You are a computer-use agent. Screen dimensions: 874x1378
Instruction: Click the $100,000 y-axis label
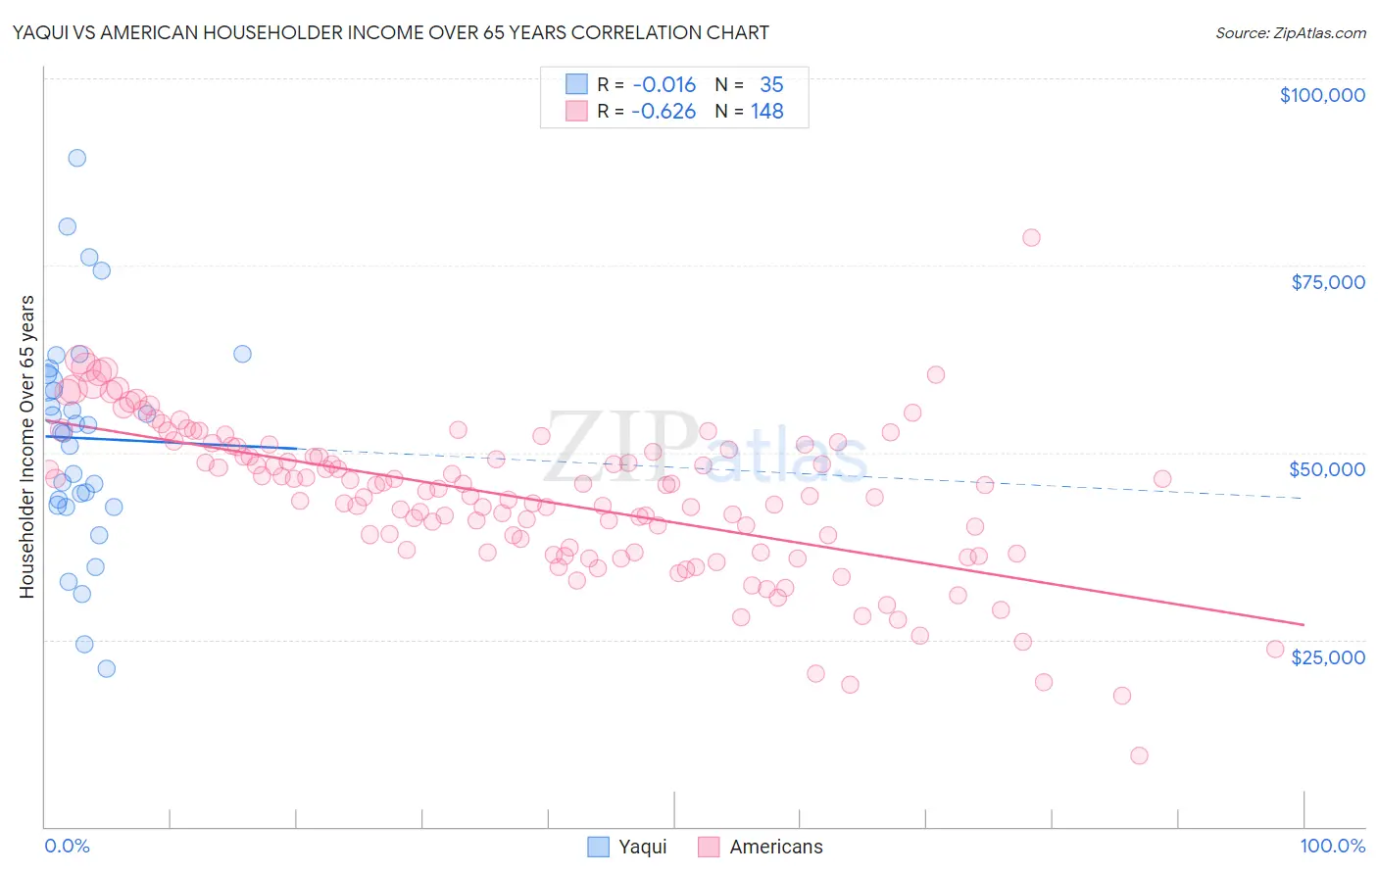pos(1321,95)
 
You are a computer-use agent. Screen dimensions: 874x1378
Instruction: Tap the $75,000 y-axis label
pos(1327,282)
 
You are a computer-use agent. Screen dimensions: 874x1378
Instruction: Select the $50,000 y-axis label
pos(1327,469)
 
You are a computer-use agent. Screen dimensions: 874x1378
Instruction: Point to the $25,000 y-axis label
pos(1327,657)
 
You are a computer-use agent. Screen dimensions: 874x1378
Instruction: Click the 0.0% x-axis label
pos(67,846)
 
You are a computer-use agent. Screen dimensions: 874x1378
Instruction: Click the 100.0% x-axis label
pos(1332,846)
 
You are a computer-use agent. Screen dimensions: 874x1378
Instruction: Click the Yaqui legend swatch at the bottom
pos(598,847)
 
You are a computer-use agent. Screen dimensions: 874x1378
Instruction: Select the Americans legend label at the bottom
pos(776,847)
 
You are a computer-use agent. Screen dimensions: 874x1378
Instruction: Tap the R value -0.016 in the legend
pos(664,85)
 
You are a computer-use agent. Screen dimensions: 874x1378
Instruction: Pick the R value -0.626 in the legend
pos(664,112)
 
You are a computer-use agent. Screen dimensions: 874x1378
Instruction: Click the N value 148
pos(767,112)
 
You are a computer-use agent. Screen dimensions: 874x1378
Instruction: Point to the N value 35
pos(771,85)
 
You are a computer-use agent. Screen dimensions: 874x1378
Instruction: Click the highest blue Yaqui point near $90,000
pos(76,158)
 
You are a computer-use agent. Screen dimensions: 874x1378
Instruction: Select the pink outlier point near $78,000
pos(1031,237)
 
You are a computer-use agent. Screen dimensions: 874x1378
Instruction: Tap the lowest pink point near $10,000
pos(1139,755)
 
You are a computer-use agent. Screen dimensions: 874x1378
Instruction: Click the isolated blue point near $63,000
pos(242,354)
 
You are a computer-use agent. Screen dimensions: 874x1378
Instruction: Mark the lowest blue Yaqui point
pos(107,668)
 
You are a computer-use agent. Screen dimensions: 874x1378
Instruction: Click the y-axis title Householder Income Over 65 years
pos(27,447)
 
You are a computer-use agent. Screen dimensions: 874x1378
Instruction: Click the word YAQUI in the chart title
pos(40,32)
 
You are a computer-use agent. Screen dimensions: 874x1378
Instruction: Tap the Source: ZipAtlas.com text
pos(1290,32)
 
